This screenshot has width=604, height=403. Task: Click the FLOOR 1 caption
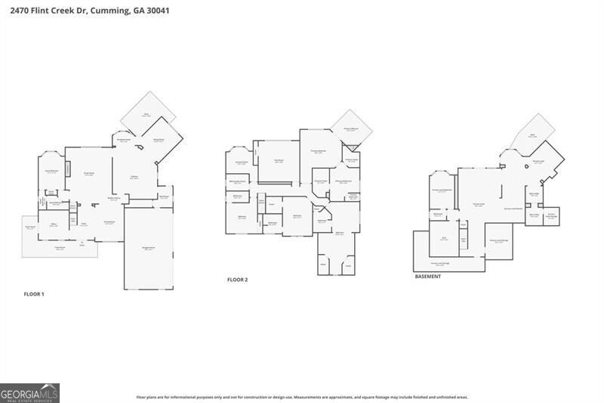coord(34,293)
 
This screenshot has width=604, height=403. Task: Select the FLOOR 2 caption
coord(238,280)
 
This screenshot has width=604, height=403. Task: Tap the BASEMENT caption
coord(428,276)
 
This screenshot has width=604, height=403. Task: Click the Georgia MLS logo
coord(29,393)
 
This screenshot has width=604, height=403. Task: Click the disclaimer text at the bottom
coord(302,396)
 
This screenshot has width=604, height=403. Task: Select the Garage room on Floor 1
coord(149,249)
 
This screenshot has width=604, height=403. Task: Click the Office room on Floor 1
coord(54,225)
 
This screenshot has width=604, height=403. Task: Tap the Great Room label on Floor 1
coord(88,175)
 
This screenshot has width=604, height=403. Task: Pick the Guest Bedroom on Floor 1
coord(51,172)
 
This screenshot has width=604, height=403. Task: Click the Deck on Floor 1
coord(147,115)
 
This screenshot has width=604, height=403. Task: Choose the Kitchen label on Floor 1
coord(134,177)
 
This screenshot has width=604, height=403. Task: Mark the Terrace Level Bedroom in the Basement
coord(442,190)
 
